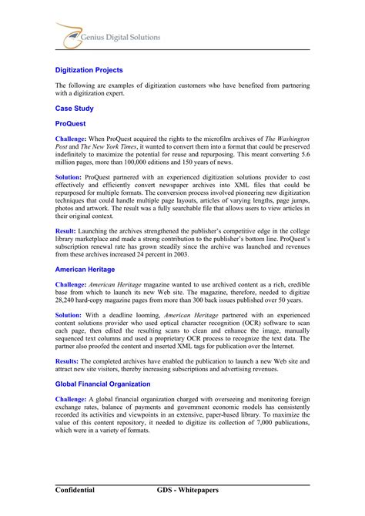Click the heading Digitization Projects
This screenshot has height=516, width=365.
point(89,70)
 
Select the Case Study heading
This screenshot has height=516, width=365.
point(74,109)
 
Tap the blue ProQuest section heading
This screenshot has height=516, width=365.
point(71,123)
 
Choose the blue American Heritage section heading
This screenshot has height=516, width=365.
point(85,270)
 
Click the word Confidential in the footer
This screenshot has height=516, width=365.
point(75,490)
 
